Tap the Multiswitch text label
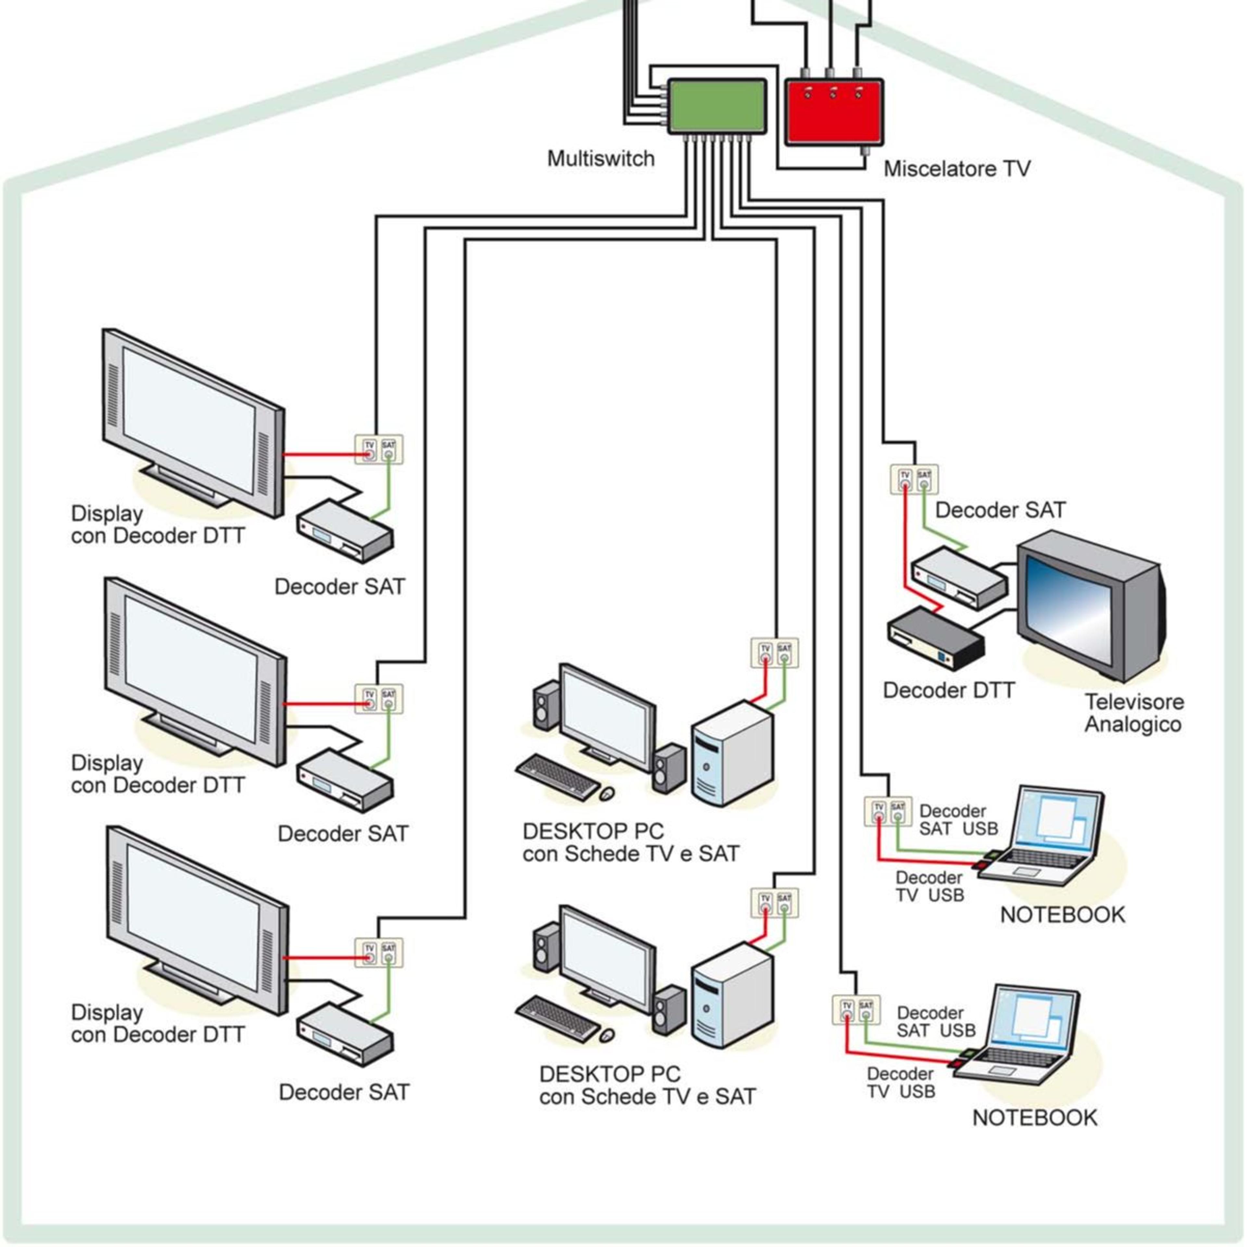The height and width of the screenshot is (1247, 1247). [601, 159]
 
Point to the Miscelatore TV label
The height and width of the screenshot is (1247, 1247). [957, 169]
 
